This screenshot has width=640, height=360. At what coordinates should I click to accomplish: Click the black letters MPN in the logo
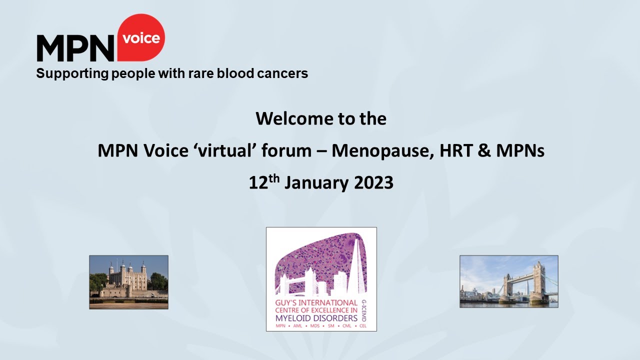(75, 49)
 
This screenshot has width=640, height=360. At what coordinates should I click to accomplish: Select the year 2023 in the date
(373, 183)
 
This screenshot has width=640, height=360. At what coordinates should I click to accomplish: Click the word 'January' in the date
(316, 183)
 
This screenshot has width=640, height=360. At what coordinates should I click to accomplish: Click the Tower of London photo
(128, 282)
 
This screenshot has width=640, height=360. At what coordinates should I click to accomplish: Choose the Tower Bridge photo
(508, 281)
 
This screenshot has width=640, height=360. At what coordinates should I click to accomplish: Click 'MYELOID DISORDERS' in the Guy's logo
(316, 318)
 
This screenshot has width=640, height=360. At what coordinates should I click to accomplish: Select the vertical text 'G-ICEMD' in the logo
(362, 310)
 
